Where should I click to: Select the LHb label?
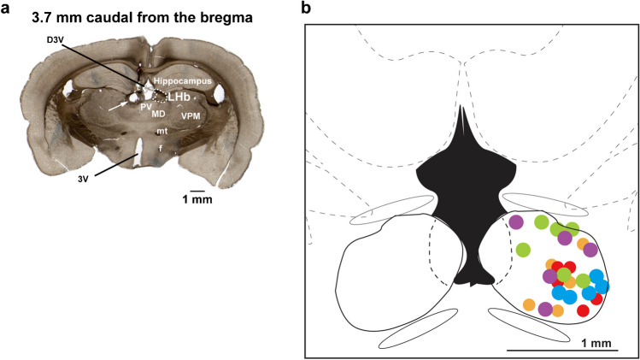(178, 97)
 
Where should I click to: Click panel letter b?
(307, 9)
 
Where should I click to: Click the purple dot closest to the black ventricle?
(515, 222)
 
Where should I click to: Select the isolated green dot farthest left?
(523, 250)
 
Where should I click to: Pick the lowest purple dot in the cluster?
(545, 309)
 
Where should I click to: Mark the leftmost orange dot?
(529, 304)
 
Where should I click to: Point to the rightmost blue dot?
(602, 286)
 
